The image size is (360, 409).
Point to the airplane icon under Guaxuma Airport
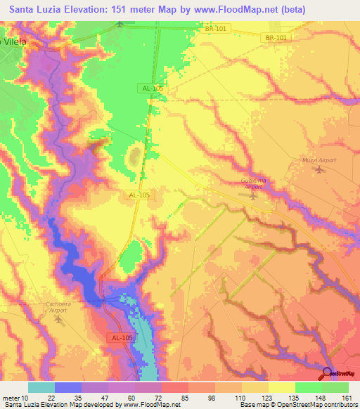pos(253,196)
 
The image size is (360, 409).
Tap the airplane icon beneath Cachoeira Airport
pos(58,320)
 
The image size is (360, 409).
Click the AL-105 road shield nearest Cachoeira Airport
pos(101,337)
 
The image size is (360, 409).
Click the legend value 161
pos(346,397)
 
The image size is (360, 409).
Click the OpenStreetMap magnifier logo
pos(328,374)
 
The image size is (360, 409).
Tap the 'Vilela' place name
pos(16,41)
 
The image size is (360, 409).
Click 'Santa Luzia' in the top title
pos(37,10)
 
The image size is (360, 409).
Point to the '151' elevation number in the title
pos(129,10)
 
